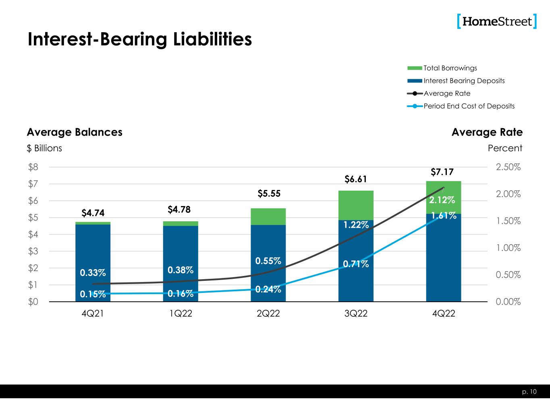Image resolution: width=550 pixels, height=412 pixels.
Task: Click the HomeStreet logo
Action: (497, 21)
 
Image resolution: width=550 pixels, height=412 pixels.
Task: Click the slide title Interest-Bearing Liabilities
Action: (139, 39)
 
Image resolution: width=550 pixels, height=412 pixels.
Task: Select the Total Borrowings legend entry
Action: (450, 68)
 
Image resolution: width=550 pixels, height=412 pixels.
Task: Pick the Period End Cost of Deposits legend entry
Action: (469, 106)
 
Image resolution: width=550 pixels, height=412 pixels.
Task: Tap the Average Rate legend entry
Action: (446, 93)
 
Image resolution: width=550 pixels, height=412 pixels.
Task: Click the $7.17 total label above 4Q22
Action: (442, 172)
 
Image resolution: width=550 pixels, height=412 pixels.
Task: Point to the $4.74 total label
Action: (93, 212)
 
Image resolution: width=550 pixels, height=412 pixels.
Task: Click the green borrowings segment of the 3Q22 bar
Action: (356, 205)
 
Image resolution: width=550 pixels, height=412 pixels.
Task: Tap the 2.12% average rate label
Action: (442, 200)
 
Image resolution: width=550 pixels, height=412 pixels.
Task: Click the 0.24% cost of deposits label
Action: (268, 289)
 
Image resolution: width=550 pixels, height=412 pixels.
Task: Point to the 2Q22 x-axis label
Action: (268, 314)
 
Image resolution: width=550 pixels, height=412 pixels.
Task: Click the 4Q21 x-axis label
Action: (93, 314)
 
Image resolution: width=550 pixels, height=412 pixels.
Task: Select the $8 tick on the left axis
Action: (33, 167)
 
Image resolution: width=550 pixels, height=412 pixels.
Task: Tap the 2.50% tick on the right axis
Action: (508, 167)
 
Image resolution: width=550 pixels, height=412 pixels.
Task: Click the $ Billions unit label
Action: (44, 148)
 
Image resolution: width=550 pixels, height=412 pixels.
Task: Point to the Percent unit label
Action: (505, 148)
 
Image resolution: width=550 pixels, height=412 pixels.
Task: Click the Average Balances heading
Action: (75, 132)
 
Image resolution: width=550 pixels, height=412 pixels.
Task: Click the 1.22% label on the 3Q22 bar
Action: (356, 225)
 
